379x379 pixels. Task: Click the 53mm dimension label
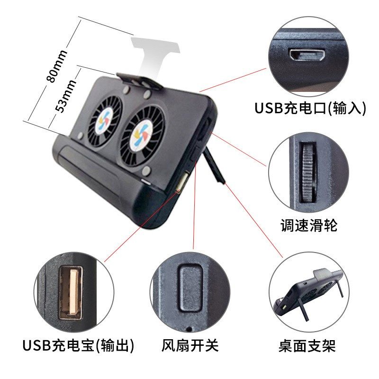66,95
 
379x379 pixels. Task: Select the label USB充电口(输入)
310,108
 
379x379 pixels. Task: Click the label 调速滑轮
308,226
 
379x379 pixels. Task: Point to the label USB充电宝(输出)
78,345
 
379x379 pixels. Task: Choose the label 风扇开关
190,345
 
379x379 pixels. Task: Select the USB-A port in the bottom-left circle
71,291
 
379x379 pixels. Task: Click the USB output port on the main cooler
182,183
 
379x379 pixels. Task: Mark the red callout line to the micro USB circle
232,80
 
